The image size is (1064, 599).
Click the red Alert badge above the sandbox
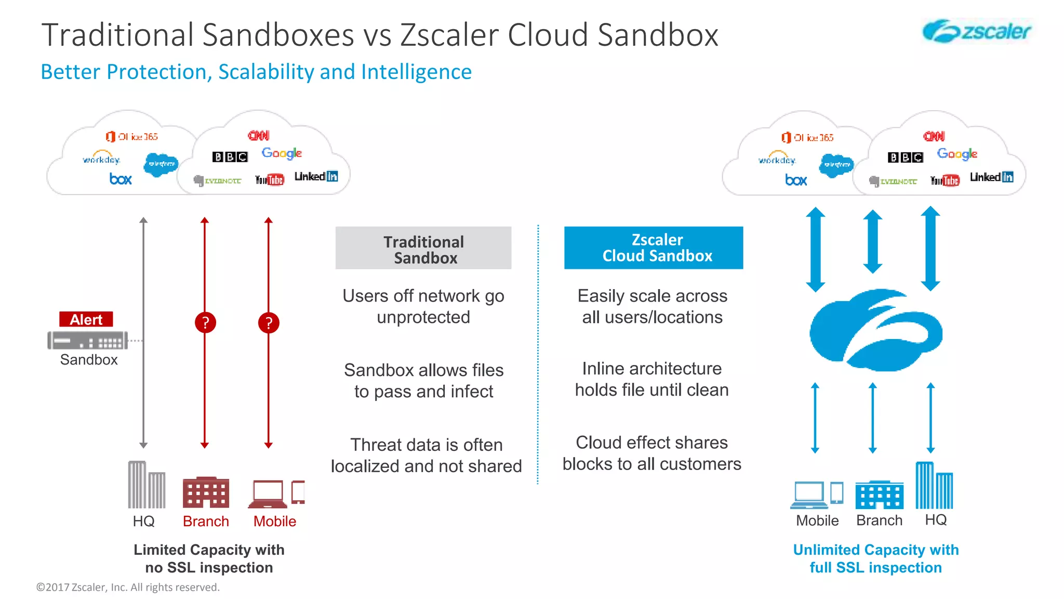pyautogui.click(x=86, y=319)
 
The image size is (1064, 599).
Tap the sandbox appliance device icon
pyautogui.click(x=87, y=341)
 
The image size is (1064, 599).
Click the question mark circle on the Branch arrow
pyautogui.click(x=205, y=323)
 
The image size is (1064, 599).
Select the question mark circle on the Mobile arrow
pyautogui.click(x=269, y=323)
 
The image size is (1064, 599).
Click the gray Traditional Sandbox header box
pyautogui.click(x=423, y=248)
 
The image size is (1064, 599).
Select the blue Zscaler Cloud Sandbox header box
pyautogui.click(x=654, y=248)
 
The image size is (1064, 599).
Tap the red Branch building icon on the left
pyautogui.click(x=206, y=492)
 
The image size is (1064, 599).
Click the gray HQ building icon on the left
pyautogui.click(x=147, y=485)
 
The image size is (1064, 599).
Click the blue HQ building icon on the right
pyautogui.click(x=934, y=485)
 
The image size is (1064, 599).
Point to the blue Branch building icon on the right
pyautogui.click(x=879, y=495)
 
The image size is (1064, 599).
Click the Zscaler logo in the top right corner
pyautogui.click(x=977, y=31)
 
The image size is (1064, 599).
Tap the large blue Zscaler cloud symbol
pyautogui.click(x=876, y=331)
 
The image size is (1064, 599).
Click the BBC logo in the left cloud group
pyautogui.click(x=230, y=157)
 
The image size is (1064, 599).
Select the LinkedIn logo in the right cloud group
pyautogui.click(x=991, y=177)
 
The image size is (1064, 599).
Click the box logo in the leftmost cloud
pyautogui.click(x=121, y=179)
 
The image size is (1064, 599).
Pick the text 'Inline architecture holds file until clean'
pyautogui.click(x=651, y=379)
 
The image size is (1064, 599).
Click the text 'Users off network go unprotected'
pyautogui.click(x=423, y=306)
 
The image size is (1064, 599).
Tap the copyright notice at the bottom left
pyautogui.click(x=128, y=587)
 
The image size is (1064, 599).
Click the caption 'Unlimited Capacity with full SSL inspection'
pyautogui.click(x=875, y=558)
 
